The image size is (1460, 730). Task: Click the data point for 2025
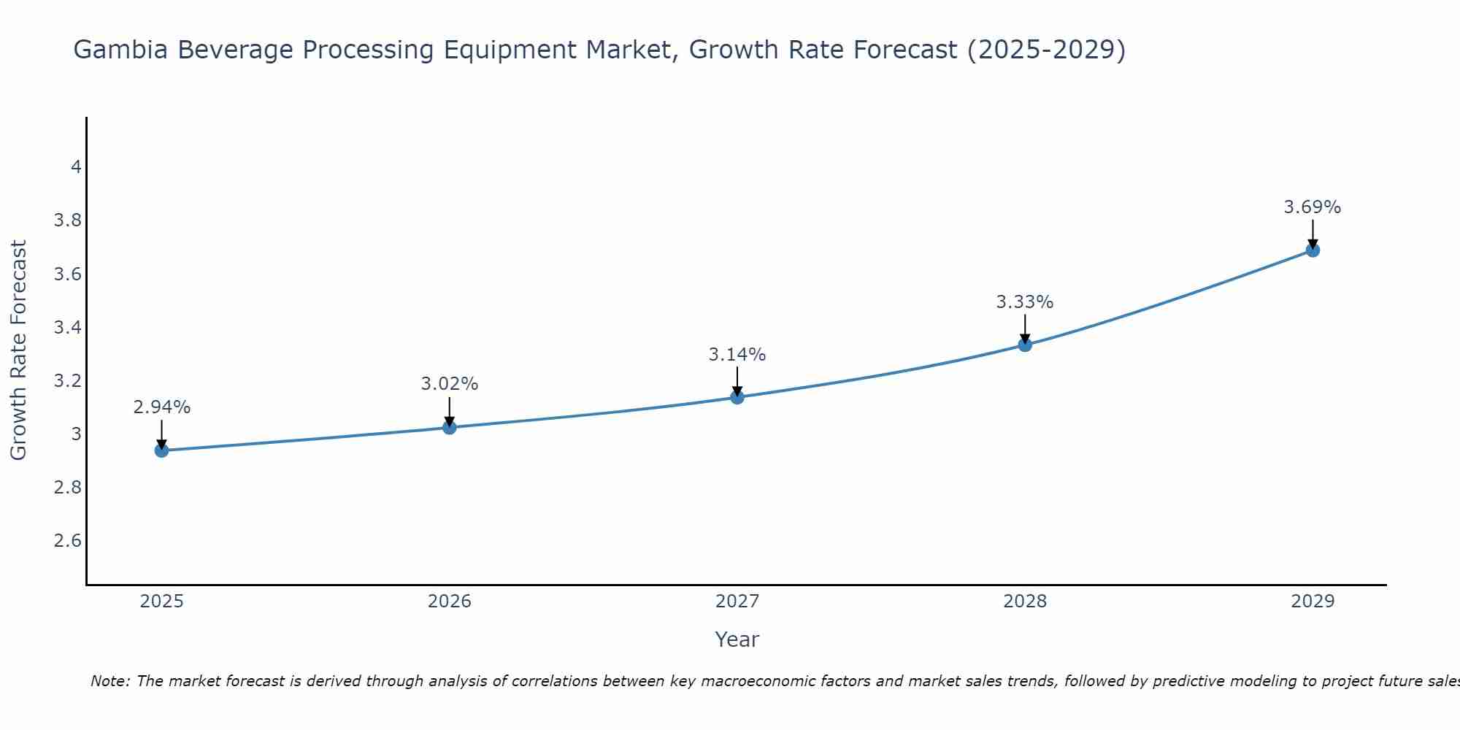tap(161, 450)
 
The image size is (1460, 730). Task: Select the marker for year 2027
tap(737, 397)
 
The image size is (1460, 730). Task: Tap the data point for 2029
tap(1313, 250)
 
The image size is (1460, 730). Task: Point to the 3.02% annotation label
tap(449, 384)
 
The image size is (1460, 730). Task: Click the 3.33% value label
tap(1025, 302)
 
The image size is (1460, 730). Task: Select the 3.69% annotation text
tap(1313, 207)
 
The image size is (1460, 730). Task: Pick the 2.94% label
tap(161, 407)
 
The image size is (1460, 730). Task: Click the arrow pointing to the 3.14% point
tap(737, 381)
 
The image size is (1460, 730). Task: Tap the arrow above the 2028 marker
tap(1025, 328)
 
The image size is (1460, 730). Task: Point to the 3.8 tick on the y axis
tap(68, 220)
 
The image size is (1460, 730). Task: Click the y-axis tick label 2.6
tap(68, 541)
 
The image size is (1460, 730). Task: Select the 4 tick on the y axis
tap(76, 167)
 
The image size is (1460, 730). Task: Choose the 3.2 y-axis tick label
tap(68, 381)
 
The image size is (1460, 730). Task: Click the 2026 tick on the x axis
tap(449, 602)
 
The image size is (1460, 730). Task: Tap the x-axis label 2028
tap(1025, 602)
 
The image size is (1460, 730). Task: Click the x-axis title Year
tap(737, 639)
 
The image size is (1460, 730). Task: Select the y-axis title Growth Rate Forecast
tap(18, 350)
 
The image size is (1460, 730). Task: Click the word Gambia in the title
tap(122, 50)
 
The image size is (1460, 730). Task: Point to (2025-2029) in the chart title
tap(1046, 50)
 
